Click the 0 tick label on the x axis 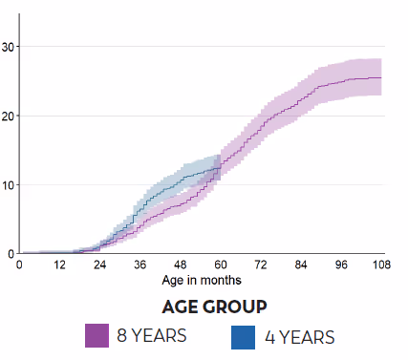[19, 265]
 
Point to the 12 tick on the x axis [59, 265]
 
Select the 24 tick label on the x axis [99, 265]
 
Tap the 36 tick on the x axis [140, 265]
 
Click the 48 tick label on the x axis [181, 265]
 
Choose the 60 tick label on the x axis [221, 265]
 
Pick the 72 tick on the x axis [261, 265]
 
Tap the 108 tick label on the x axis [381, 265]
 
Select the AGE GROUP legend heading [213, 307]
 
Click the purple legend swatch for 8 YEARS [97, 336]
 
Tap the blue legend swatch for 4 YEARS [244, 336]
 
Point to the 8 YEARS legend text [151, 336]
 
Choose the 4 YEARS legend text [299, 337]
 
